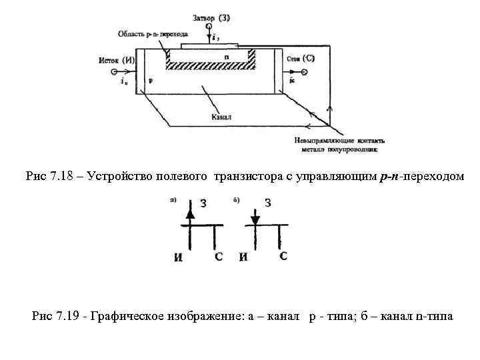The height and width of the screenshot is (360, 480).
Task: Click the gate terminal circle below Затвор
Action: pos(210,27)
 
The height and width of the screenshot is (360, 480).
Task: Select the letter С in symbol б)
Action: pos(283,256)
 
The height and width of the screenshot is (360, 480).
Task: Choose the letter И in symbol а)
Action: pos(179,257)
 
